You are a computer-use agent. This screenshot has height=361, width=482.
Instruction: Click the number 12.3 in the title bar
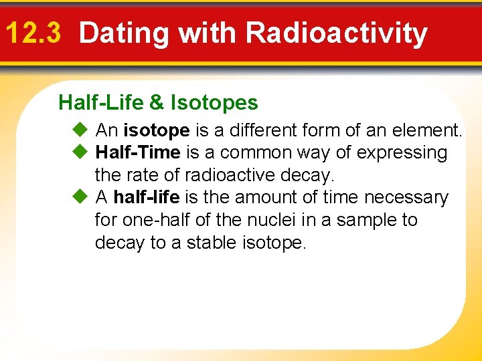[x=33, y=33]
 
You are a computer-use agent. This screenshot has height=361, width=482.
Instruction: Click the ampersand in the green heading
[x=156, y=102]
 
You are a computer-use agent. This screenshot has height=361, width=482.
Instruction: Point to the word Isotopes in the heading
[x=214, y=103]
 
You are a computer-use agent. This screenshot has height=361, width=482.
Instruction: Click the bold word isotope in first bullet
[x=156, y=130]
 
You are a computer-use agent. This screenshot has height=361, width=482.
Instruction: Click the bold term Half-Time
[x=138, y=152]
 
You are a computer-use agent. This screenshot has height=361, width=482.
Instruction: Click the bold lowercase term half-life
[x=146, y=198]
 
